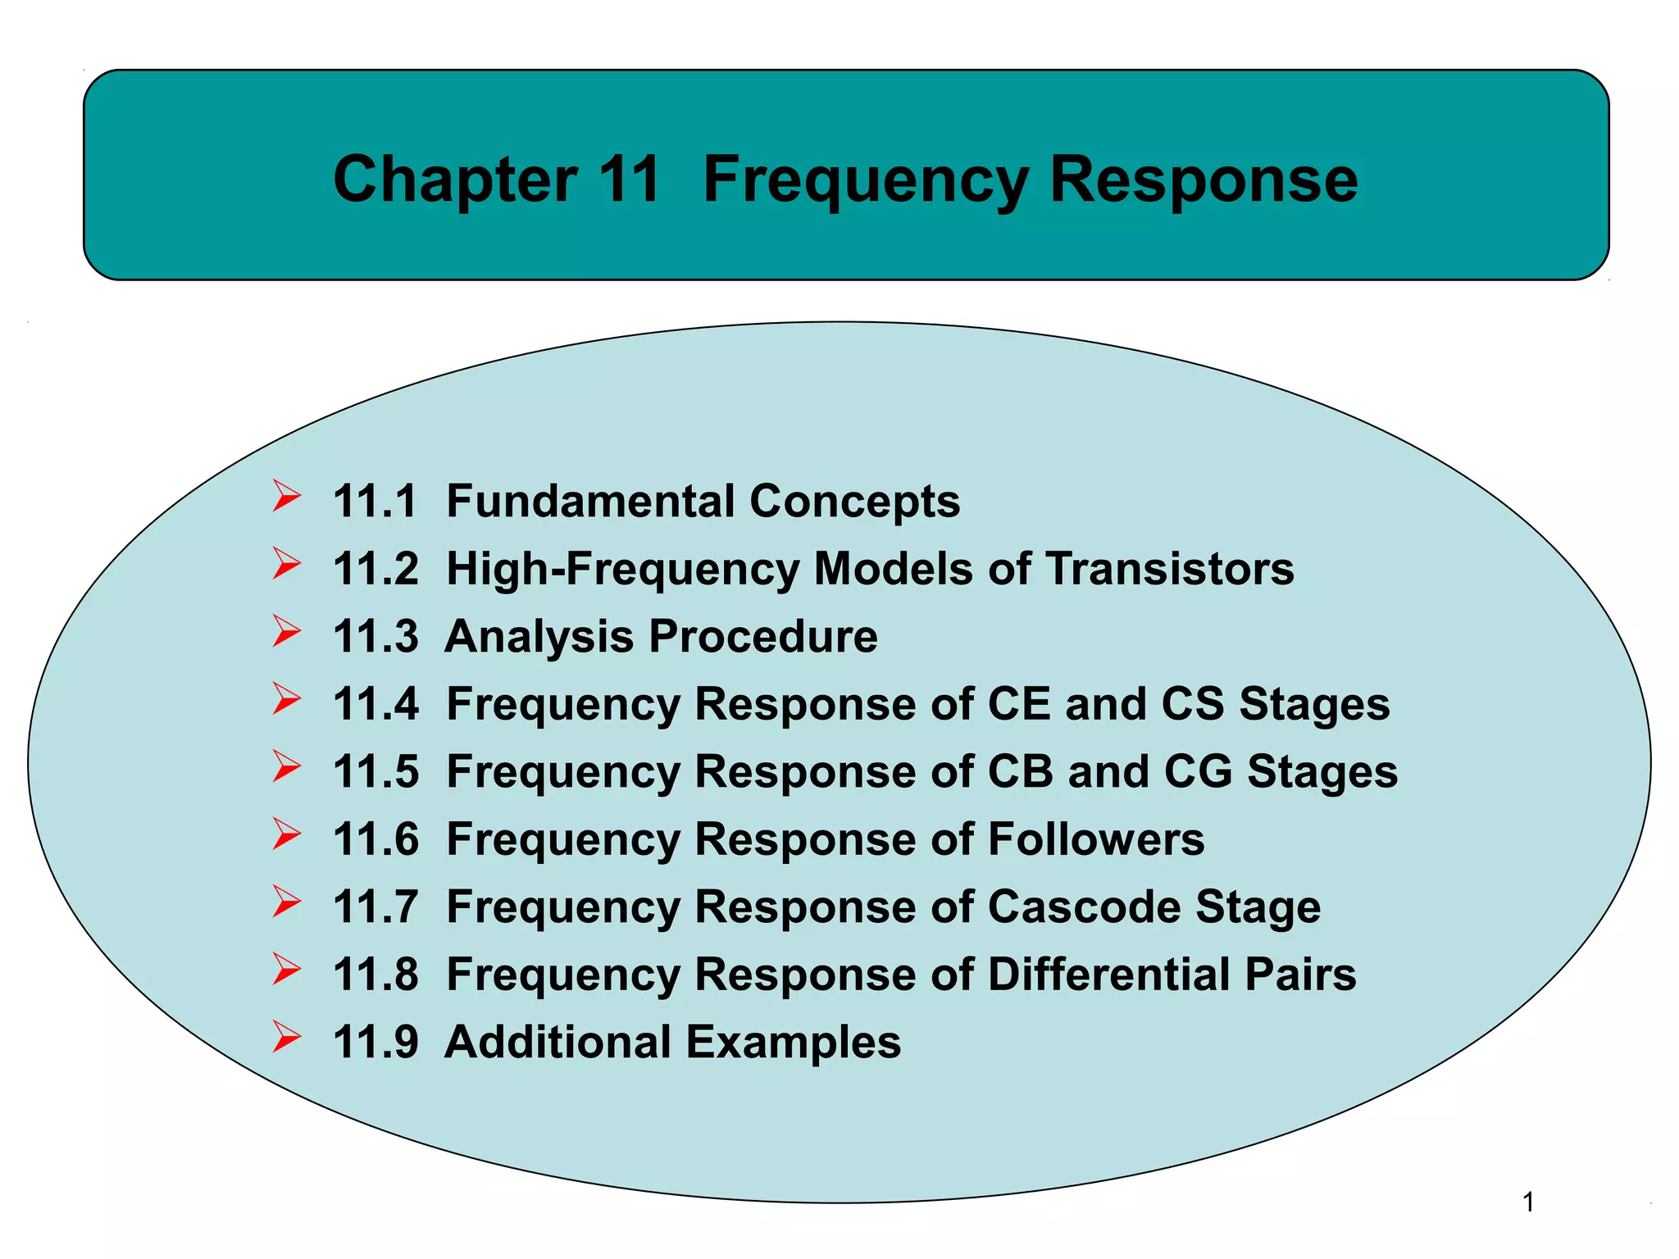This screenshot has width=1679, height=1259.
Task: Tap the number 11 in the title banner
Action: [x=629, y=180]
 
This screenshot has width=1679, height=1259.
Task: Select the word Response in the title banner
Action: [x=1204, y=180]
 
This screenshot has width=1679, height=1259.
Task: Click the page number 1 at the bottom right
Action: [x=1528, y=1202]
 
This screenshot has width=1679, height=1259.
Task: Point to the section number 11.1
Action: [x=375, y=501]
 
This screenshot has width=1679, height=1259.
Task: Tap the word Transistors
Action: [x=1170, y=569]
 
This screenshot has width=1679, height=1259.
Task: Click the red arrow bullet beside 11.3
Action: [x=286, y=632]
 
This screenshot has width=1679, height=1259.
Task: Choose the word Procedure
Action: [x=763, y=636]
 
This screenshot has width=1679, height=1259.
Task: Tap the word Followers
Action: [x=1096, y=839]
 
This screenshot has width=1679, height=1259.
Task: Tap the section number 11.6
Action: [x=375, y=839]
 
